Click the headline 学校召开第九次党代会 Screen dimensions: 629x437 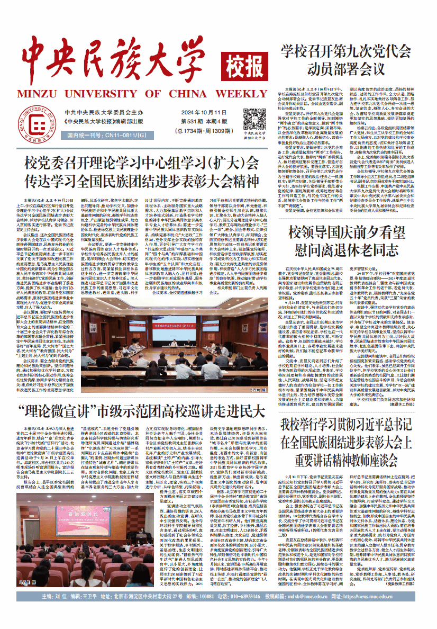point(346,52)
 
